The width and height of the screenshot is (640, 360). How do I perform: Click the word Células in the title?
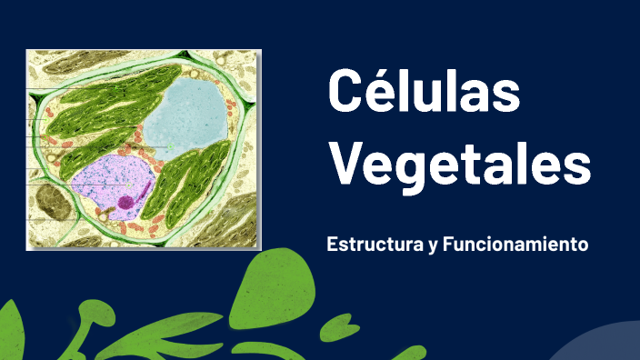click(424, 91)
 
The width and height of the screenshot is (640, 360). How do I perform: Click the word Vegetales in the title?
click(459, 165)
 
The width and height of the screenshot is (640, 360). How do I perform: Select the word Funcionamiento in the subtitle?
click(515, 245)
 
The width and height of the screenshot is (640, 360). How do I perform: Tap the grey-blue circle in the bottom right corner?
click(595, 345)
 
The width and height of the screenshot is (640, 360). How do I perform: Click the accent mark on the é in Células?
click(377, 69)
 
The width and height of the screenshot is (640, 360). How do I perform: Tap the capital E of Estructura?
click(332, 245)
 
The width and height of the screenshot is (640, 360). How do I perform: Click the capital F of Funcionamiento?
click(447, 245)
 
